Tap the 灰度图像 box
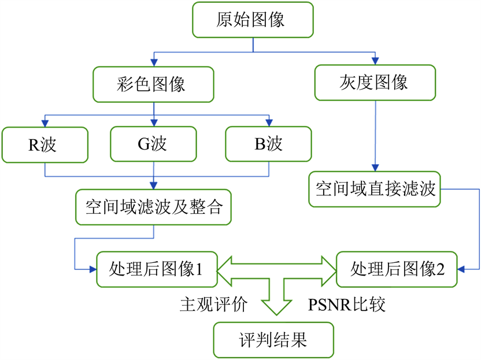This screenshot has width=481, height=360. pos(375,82)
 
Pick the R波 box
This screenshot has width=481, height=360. pos(45,144)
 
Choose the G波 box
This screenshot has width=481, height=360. pos(153,144)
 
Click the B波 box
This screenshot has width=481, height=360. pos(269,144)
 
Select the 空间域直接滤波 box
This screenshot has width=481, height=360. pos(375,189)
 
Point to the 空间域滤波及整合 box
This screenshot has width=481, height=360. pos(153,207)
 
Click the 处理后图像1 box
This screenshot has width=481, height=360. pos(156,269)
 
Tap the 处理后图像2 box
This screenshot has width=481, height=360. pos(398,269)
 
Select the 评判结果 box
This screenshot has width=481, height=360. pos(273,340)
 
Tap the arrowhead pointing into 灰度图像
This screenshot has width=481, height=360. pos(376,60)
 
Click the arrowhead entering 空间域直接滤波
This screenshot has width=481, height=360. pos(375,167)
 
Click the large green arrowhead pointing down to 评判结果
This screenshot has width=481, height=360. pos(274,309)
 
